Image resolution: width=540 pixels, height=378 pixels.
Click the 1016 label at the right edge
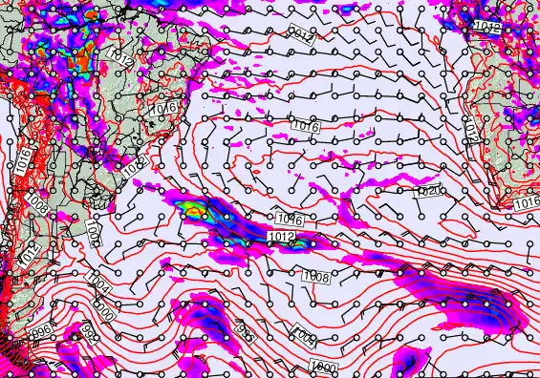click(x=527, y=204)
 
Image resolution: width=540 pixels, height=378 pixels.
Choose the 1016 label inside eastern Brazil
click(x=162, y=111)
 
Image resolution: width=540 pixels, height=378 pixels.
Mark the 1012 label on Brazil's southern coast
click(x=132, y=168)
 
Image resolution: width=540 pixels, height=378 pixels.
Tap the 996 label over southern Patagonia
click(x=41, y=329)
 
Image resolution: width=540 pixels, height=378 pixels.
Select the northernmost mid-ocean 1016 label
click(x=306, y=126)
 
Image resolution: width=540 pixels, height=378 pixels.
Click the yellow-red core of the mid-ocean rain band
click(x=195, y=207)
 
